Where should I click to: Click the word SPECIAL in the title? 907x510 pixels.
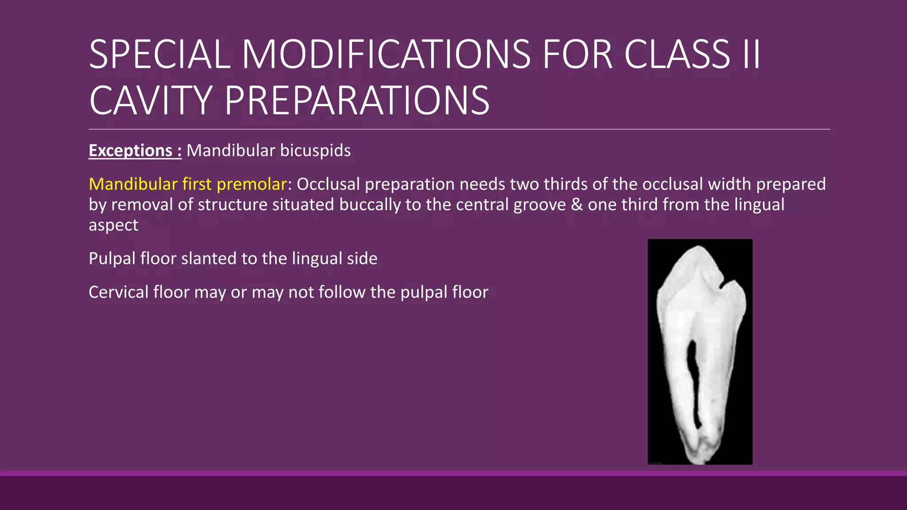pos(159,54)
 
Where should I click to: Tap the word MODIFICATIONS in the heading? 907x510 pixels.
pos(386,54)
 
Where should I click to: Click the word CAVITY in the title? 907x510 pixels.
pos(150,100)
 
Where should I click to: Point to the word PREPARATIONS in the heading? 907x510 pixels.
pos(357,100)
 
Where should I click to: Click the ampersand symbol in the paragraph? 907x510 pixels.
pos(577,205)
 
